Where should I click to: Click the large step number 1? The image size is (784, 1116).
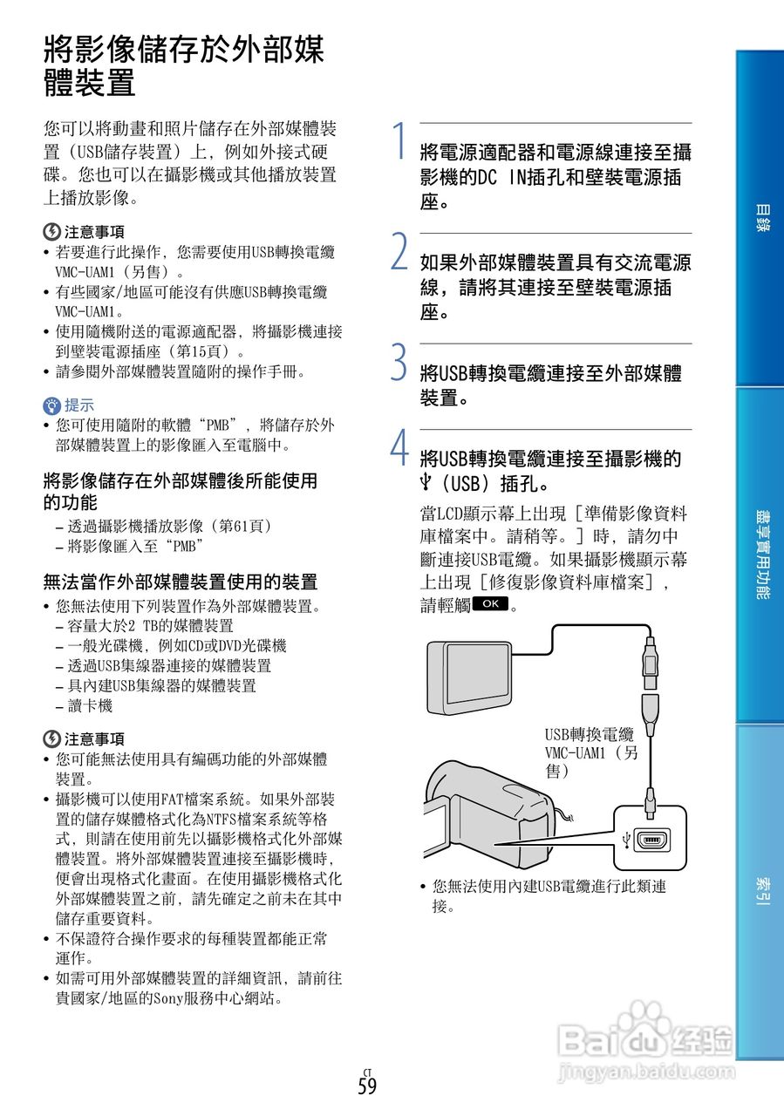click(398, 141)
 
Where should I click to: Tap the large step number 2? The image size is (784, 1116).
click(399, 251)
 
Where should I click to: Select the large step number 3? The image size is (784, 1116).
click(399, 362)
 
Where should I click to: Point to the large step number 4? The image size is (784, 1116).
click(399, 448)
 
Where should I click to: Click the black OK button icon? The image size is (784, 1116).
click(490, 603)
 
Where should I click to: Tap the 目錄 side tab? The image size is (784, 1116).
click(760, 218)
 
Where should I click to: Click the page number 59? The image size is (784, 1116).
click(367, 1086)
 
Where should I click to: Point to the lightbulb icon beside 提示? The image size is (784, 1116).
click(52, 405)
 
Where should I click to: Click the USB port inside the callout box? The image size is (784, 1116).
click(651, 841)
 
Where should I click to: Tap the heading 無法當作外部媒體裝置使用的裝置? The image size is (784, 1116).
click(181, 582)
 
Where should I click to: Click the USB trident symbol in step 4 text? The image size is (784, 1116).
click(426, 482)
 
